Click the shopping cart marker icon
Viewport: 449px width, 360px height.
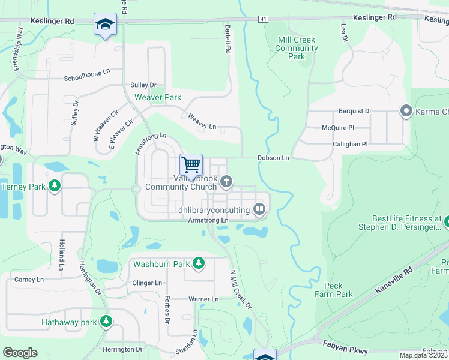point(191,164)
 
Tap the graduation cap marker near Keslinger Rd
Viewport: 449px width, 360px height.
point(105,24)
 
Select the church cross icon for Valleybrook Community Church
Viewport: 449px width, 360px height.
point(226,181)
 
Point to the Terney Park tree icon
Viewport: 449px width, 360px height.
point(55,186)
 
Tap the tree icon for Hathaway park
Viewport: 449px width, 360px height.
point(106,322)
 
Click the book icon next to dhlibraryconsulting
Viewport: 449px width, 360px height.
point(259,209)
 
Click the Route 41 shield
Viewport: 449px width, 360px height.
point(264,20)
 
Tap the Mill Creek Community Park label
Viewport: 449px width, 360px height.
point(297,49)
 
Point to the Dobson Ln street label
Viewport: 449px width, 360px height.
point(273,158)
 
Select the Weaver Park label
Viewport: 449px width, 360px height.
point(157,97)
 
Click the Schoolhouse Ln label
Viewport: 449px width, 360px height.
point(88,79)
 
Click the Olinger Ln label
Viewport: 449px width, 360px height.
point(147,283)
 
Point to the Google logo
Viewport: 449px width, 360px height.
point(20,353)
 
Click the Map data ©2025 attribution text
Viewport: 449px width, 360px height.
point(423,355)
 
